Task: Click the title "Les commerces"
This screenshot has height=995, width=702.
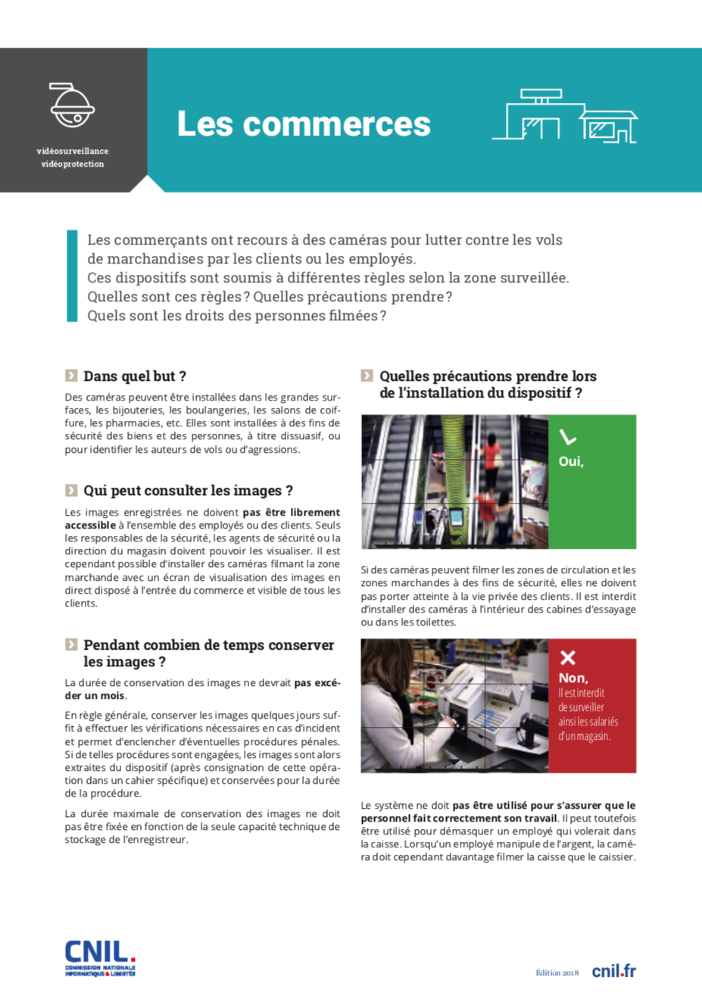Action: [x=304, y=124]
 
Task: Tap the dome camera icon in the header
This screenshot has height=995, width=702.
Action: [x=72, y=105]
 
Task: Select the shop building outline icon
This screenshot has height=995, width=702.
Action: [x=564, y=117]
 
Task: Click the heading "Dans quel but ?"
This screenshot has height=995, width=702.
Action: [x=135, y=376]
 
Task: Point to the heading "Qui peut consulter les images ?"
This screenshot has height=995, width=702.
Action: [x=188, y=491]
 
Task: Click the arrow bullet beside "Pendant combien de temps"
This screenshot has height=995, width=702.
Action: [x=71, y=645]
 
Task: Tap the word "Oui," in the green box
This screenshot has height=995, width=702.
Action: [x=571, y=461]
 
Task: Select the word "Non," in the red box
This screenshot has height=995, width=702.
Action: [x=573, y=678]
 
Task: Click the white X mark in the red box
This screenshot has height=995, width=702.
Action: [x=567, y=657]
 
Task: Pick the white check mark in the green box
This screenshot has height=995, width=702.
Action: [x=567, y=438]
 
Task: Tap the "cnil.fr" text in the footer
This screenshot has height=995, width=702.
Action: [x=613, y=971]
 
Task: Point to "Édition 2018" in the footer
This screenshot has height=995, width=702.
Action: [x=557, y=973]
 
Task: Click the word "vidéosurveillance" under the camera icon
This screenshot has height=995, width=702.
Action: [x=73, y=151]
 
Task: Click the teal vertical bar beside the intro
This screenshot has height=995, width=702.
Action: [x=73, y=276]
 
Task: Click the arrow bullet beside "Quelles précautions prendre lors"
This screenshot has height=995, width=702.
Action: [x=367, y=376]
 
